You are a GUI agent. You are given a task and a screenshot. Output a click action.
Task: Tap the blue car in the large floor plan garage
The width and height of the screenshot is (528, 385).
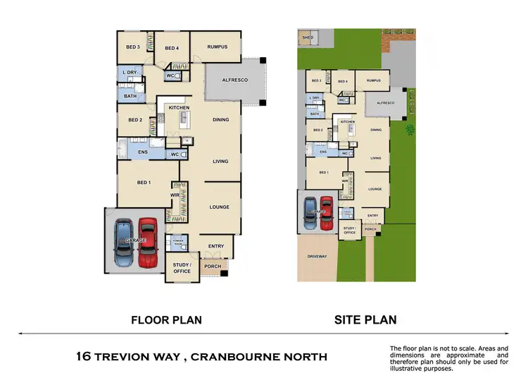tap(122, 243)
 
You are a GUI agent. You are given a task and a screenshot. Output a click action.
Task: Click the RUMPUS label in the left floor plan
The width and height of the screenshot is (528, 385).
tap(217, 47)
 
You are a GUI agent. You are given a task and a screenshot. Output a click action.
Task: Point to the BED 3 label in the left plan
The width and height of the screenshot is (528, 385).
tap(133, 47)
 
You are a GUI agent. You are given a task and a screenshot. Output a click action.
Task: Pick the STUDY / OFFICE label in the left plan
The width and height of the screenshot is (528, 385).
tap(182, 269)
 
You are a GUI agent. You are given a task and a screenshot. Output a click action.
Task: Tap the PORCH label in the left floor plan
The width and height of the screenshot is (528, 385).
tap(212, 267)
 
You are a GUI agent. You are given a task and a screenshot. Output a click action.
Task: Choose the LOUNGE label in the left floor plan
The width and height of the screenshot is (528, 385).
tap(220, 207)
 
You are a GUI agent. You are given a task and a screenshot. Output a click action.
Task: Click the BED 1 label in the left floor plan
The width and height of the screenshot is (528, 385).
tap(144, 183)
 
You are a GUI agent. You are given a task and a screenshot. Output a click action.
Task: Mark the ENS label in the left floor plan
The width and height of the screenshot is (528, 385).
tap(142, 152)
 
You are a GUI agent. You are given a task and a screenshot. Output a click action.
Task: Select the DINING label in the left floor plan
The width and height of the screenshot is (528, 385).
tap(221, 120)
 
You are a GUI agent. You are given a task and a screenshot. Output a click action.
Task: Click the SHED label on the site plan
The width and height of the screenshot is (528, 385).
tap(308, 37)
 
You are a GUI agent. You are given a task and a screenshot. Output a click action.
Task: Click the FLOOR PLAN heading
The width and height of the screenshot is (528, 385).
tap(167, 320)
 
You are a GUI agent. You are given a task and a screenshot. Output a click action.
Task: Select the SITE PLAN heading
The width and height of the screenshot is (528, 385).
tap(365, 320)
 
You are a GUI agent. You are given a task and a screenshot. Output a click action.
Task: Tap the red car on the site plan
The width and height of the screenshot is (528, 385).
tap(326, 214)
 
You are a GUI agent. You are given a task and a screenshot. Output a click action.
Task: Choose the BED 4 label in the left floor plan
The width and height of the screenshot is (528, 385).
tap(172, 49)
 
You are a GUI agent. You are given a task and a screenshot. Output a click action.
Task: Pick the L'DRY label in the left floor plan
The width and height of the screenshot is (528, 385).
tap(130, 73)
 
